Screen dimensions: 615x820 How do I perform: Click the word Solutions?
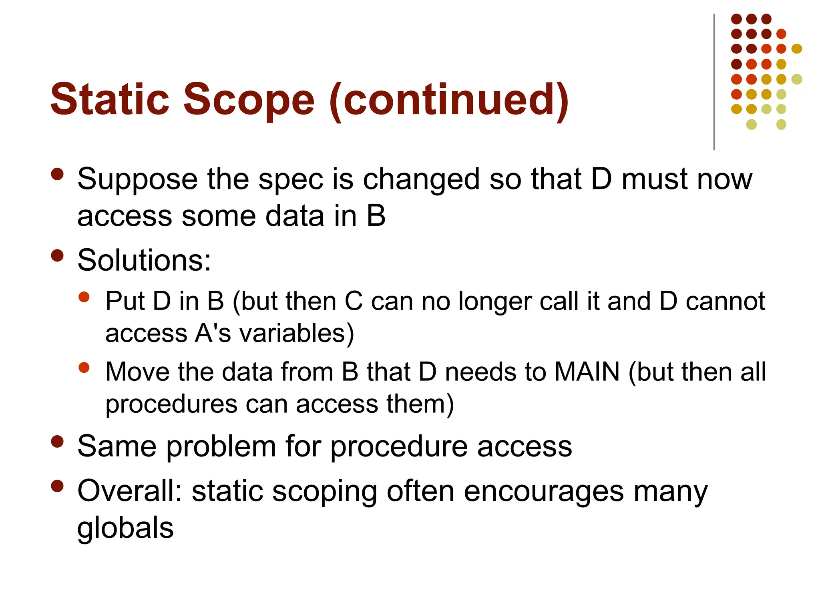144,260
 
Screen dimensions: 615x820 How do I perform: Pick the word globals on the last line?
125,528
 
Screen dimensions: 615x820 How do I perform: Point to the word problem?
221,446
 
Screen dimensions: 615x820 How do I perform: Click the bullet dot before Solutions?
58,255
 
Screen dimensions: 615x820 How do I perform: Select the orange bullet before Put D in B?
84,297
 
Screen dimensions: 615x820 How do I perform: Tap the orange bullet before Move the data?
84,368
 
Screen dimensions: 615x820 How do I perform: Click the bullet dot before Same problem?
58,441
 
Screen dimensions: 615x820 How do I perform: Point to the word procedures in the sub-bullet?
171,404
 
